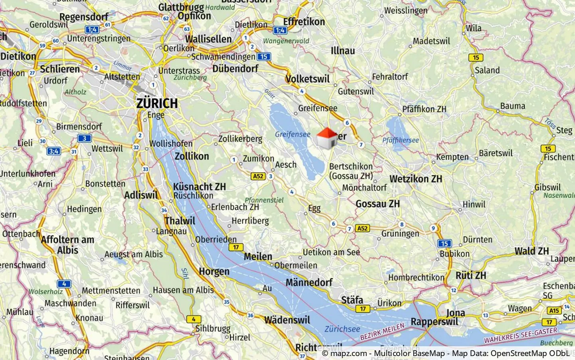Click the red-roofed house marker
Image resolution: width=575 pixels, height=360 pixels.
click(327, 138)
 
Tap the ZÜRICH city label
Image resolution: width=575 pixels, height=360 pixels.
click(157, 103)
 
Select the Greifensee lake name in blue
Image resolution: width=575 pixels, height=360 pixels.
click(292, 134)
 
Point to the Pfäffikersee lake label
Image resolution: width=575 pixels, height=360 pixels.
click(401, 140)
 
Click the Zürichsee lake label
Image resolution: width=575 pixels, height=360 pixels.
click(342, 329)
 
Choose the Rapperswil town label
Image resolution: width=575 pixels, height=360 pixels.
click(434, 322)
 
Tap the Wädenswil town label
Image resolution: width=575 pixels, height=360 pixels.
click(287, 320)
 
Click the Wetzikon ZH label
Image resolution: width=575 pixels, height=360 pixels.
click(416, 179)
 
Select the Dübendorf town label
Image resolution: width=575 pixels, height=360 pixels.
click(235, 69)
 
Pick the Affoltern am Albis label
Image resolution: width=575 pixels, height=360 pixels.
click(67, 245)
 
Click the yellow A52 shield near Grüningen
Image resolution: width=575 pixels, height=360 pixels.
click(362, 229)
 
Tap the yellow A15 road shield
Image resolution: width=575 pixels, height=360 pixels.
click(554, 310)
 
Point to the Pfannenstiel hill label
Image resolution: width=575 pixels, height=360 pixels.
click(264, 200)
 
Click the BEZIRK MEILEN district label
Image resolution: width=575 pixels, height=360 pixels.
click(382, 332)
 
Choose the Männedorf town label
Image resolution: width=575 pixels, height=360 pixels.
click(309, 282)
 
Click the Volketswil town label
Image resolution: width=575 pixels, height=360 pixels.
click(307, 79)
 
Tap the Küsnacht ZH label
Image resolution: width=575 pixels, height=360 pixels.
click(199, 187)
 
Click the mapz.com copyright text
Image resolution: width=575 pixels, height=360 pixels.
click(446, 354)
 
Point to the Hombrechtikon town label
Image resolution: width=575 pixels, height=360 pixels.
click(416, 277)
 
